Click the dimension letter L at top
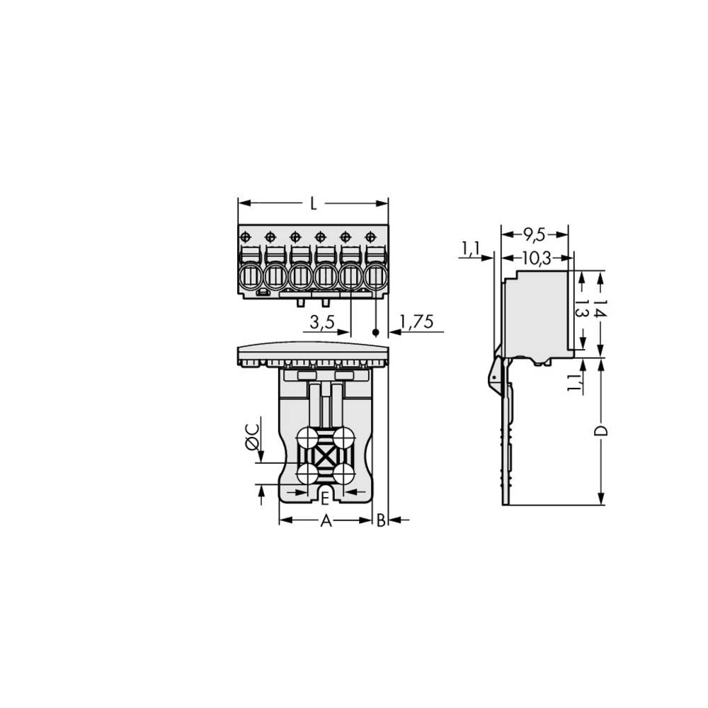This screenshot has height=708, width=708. coord(313,204)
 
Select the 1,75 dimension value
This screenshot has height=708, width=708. coord(416,323)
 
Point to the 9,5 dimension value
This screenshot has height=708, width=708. coord(535,233)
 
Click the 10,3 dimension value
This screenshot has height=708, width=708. coord(536,259)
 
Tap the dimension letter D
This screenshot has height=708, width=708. coord(600,431)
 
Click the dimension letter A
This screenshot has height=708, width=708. coord(325,521)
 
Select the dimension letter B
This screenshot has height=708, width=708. coord(381,521)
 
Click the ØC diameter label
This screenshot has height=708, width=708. coord(251,443)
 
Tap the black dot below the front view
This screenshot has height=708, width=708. coord(376,331)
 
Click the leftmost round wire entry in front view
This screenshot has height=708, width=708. coord(251,277)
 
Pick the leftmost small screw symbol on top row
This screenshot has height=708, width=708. coord(245,236)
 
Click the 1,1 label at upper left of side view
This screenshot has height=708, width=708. coord(470,249)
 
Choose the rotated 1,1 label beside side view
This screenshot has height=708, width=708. coord(575,382)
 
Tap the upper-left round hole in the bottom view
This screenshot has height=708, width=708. coord(307,438)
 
